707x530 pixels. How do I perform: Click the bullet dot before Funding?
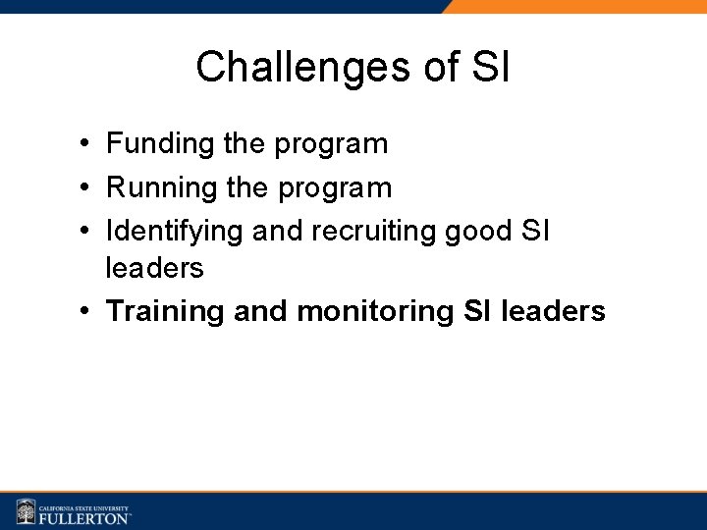pos(87,145)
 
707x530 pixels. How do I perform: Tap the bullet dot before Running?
pos(87,188)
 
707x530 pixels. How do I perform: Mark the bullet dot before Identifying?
pos(87,232)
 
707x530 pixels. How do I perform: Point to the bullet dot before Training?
pos(87,312)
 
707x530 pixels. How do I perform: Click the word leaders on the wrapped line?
pos(155,267)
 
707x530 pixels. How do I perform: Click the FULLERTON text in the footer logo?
pos(84,517)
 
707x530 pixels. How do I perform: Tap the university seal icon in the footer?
pos(26,511)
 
